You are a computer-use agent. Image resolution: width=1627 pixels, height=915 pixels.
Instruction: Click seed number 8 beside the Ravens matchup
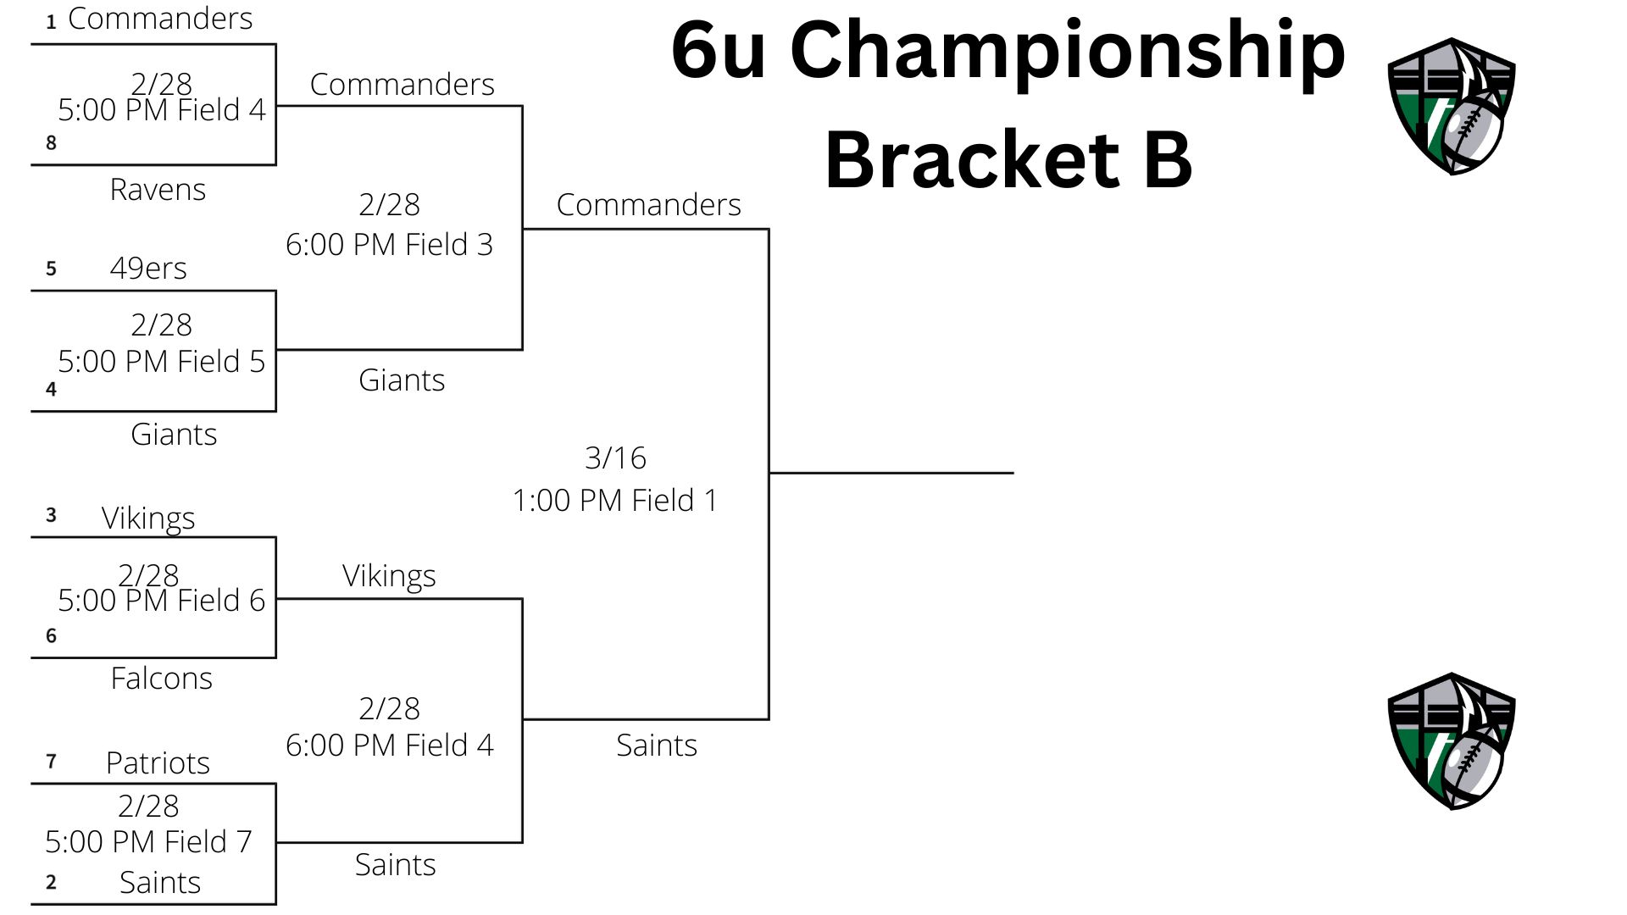[x=51, y=143]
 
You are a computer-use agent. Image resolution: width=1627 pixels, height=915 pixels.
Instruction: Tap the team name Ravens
[x=158, y=190]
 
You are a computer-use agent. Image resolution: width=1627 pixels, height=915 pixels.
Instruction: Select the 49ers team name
[x=148, y=269]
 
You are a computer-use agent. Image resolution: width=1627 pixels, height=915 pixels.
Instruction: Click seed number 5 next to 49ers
[x=51, y=269]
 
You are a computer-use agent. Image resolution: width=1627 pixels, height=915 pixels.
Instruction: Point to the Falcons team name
[x=161, y=679]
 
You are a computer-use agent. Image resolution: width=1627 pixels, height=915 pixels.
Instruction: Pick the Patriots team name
[x=158, y=763]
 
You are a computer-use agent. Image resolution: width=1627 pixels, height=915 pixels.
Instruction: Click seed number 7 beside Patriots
[x=51, y=762]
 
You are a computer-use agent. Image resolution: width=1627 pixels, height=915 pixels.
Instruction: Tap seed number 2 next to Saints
[x=51, y=882]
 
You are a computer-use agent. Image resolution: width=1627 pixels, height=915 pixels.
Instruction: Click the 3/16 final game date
[x=615, y=458]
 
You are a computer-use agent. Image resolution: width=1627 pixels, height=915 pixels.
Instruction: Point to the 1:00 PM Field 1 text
[x=615, y=501]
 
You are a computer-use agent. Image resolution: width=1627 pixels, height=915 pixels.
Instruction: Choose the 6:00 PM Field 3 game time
[x=389, y=245]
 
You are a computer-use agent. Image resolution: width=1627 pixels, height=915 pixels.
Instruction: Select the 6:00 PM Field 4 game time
[x=389, y=746]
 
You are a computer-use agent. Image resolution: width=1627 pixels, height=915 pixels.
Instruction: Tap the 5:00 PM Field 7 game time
[x=148, y=842]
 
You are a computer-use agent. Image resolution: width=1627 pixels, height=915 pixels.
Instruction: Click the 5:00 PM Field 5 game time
[x=161, y=362]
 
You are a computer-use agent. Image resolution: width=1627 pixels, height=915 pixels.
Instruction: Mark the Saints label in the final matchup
[x=657, y=746]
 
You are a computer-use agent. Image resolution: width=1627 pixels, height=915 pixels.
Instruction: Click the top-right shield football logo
[x=1452, y=106]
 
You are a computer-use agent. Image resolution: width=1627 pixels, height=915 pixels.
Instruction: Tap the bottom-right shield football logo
[x=1452, y=741]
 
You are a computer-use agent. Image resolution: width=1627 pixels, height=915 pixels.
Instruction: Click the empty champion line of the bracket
[x=891, y=473]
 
